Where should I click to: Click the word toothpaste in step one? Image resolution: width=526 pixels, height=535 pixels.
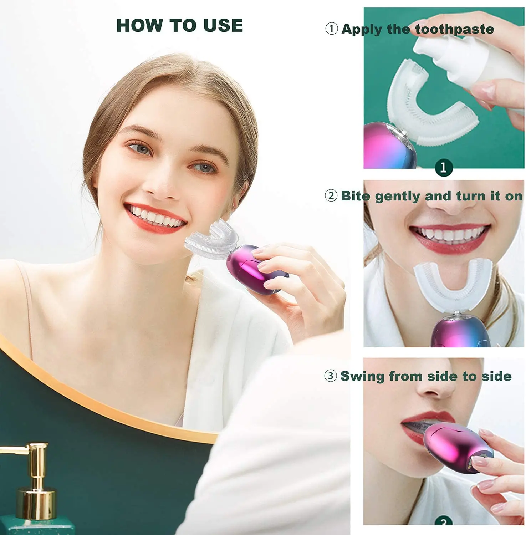click(x=455, y=29)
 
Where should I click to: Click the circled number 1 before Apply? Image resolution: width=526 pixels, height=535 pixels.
click(x=331, y=29)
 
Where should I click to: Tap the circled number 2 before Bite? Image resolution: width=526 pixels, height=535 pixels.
click(x=331, y=195)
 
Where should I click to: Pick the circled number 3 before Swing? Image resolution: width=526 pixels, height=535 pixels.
click(x=331, y=376)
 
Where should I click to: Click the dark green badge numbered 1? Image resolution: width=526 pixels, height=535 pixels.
click(x=443, y=167)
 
